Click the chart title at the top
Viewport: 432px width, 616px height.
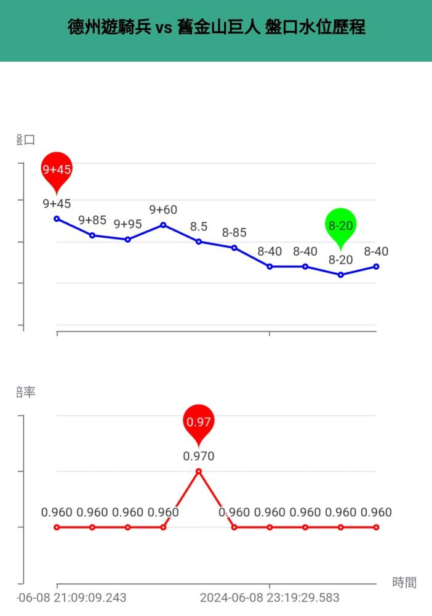(x=216, y=28)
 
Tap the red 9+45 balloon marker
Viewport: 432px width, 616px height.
(x=57, y=168)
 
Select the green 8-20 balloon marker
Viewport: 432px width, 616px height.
(x=340, y=225)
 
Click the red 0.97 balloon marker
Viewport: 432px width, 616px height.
(x=199, y=422)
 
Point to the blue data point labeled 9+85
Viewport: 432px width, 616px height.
(x=92, y=235)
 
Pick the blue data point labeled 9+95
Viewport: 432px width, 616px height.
(x=128, y=240)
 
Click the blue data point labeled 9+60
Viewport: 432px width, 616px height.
(x=163, y=225)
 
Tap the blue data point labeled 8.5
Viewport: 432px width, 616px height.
(x=199, y=241)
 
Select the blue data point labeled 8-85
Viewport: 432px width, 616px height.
(x=234, y=248)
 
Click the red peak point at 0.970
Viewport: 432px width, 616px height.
(x=199, y=471)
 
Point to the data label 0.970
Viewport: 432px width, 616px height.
(x=199, y=456)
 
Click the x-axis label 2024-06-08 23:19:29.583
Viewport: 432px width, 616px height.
(x=270, y=598)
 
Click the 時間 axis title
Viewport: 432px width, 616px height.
(x=404, y=582)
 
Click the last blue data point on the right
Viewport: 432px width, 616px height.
(x=376, y=267)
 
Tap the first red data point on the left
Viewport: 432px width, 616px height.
(x=57, y=527)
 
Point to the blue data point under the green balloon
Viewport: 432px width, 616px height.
(x=340, y=275)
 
